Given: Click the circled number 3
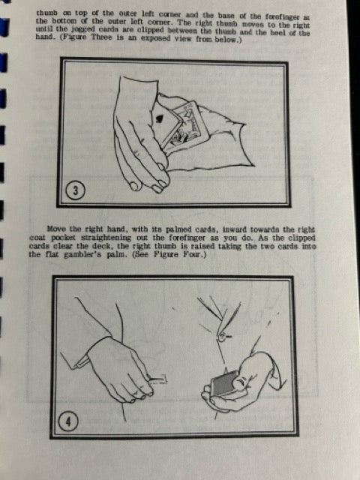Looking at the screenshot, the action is [75, 190].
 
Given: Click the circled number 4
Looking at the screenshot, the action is [68, 421].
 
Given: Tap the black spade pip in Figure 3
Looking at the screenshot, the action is [159, 119].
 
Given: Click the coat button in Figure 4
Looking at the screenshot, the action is [223, 337].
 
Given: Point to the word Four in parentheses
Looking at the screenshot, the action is [193, 255].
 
